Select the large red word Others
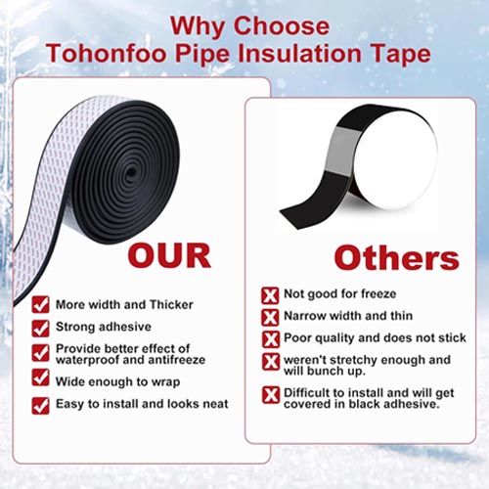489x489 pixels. click(x=396, y=258)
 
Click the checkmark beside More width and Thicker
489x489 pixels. click(x=40, y=304)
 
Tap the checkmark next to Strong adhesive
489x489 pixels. click(x=40, y=329)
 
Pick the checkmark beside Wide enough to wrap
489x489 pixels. click(x=40, y=377)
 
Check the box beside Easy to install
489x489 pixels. click(x=40, y=404)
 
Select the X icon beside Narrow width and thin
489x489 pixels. click(x=271, y=317)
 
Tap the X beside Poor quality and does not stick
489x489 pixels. click(x=271, y=338)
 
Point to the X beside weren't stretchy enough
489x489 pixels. click(x=271, y=362)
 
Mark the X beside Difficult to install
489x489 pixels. click(x=271, y=395)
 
